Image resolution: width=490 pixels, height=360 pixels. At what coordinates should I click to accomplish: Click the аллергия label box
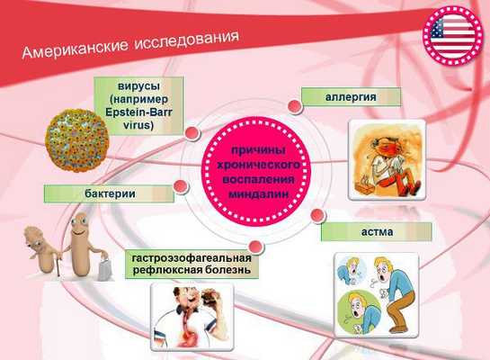(x=351, y=95)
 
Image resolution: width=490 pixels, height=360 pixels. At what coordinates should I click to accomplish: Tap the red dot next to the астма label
(x=315, y=215)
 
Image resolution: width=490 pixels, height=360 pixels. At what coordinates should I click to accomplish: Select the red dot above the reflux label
(x=254, y=244)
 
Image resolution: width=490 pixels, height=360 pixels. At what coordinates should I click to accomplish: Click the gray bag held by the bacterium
(x=104, y=265)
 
